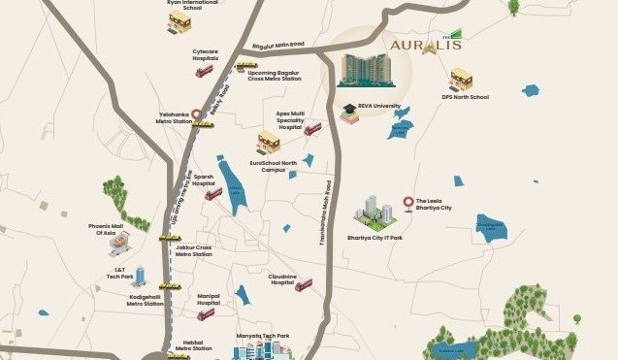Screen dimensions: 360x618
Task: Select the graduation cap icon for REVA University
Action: pos(348,109)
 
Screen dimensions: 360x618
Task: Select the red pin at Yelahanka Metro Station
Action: pos(198,115)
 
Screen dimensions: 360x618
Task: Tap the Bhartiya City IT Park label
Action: pos(374,236)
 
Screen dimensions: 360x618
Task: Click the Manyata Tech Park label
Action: pos(262,336)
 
